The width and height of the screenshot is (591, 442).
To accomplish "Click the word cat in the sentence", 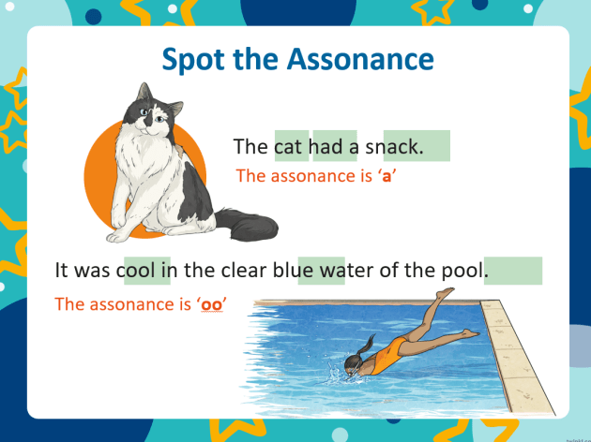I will pos(290,146).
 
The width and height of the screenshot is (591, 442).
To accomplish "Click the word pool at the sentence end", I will pos(462,271).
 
